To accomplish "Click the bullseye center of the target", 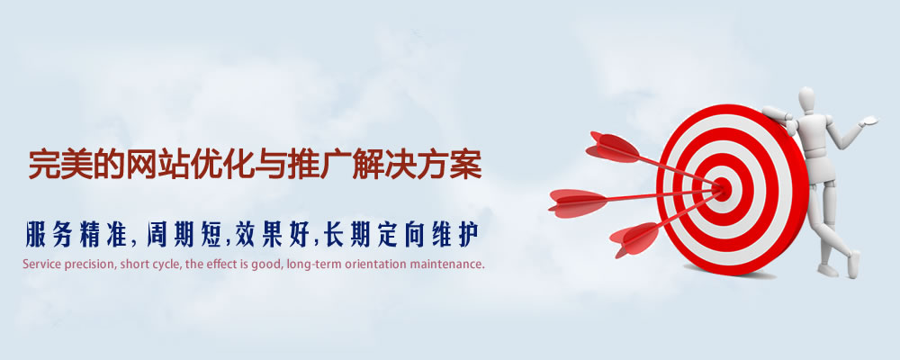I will tap(722, 187).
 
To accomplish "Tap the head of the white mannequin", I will tap(805, 100).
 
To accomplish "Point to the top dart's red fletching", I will tap(613, 144).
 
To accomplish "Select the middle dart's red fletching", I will tap(576, 200).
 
